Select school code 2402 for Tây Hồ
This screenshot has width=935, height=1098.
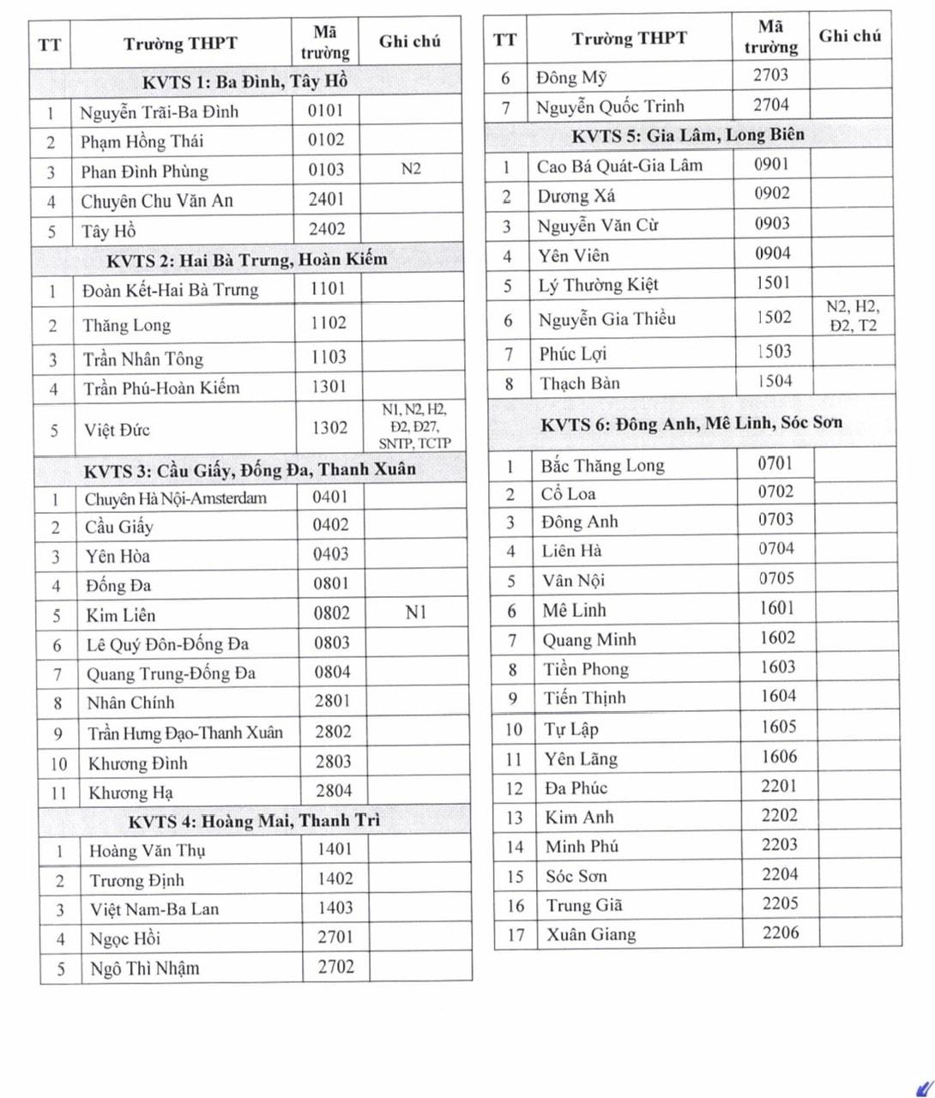327,229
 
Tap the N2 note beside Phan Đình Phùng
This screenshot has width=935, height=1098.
411,169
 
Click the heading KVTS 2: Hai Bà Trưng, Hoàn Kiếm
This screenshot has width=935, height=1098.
247,259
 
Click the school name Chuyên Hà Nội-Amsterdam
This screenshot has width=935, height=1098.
175,498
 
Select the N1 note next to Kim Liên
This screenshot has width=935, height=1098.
416,612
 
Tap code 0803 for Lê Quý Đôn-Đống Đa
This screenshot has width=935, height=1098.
332,643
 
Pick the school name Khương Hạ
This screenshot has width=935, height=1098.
130,793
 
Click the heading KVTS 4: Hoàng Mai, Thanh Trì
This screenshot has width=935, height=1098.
254,822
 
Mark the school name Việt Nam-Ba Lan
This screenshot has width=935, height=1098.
154,908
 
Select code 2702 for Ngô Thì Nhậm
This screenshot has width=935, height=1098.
335,967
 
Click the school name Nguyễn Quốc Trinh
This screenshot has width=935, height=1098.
610,107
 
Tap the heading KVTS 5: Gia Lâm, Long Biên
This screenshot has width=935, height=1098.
688,135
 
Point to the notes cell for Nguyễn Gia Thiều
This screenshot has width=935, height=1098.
853,317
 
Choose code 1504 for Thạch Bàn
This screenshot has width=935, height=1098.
775,381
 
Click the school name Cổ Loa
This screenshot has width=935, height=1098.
568,494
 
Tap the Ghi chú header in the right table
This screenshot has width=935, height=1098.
849,36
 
